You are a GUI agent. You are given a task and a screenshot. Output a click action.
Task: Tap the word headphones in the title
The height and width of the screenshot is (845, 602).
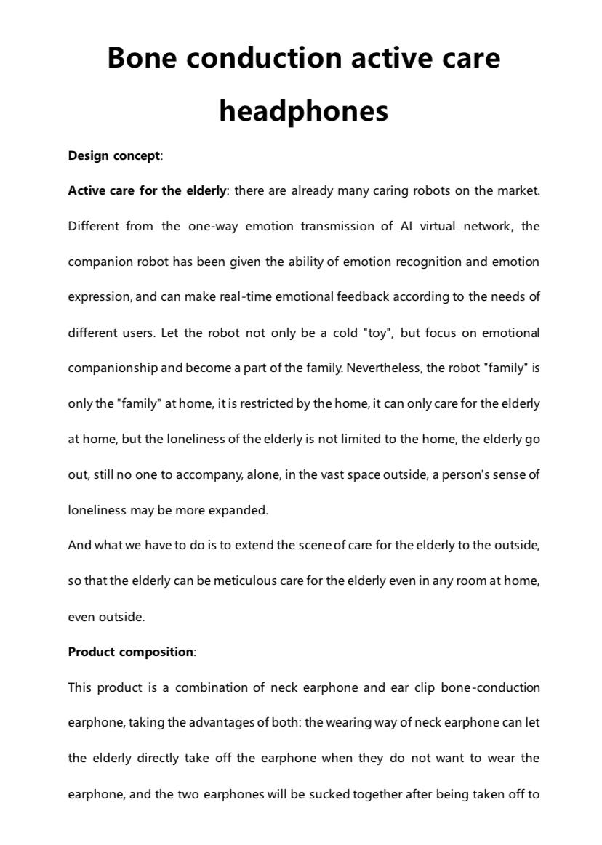click(303, 110)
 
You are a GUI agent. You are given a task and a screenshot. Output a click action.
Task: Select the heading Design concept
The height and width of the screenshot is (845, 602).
click(114, 155)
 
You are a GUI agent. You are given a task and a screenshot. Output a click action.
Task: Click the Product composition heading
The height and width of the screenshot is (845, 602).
click(131, 652)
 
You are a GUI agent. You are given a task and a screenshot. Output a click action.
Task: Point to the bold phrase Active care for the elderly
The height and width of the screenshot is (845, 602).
click(147, 191)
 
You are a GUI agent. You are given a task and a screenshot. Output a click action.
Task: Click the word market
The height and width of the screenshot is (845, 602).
click(518, 191)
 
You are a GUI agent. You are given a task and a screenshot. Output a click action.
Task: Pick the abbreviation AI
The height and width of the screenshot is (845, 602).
click(406, 226)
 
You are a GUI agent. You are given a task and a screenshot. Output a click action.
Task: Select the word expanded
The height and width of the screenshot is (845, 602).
click(238, 510)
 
